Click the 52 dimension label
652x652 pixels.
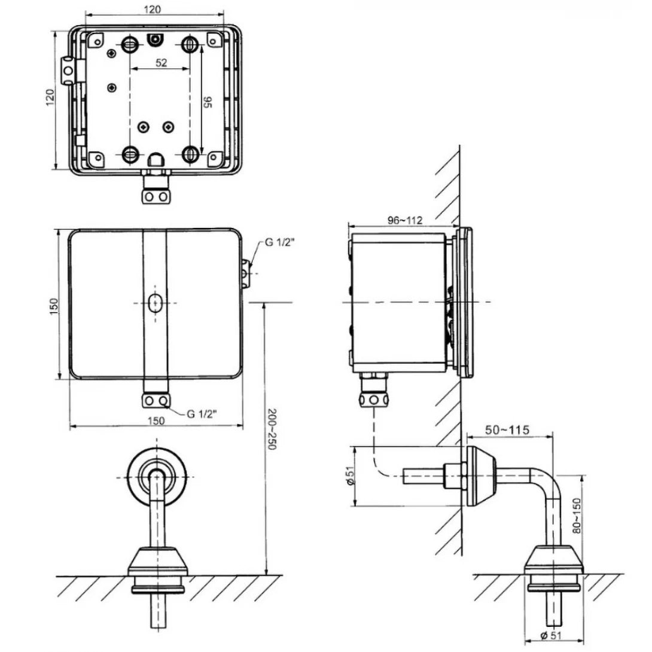161,63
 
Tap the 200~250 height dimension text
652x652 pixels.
273,429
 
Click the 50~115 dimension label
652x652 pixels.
507,430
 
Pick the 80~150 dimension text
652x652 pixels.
577,516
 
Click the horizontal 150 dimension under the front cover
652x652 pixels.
156,421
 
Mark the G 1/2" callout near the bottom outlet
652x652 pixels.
202,413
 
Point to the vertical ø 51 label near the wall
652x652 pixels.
351,477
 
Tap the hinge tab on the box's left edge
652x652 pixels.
68,69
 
